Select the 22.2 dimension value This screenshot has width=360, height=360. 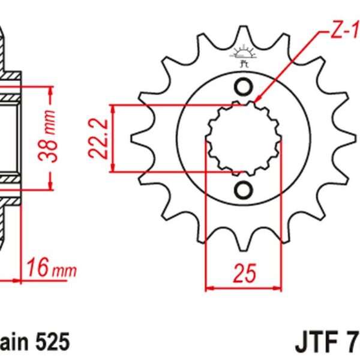[100, 138]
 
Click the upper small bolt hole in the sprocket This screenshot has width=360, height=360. [243, 88]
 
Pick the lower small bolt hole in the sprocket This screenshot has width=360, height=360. [243, 190]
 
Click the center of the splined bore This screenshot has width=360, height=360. [243, 139]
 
